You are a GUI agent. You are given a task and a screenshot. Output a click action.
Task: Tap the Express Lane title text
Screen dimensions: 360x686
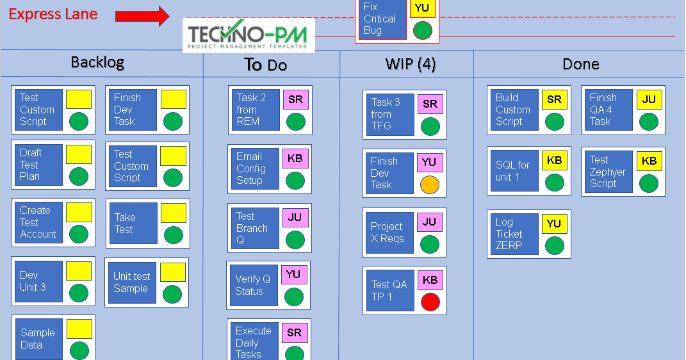click(x=53, y=14)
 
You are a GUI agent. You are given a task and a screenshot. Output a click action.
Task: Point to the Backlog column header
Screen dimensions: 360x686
click(x=97, y=62)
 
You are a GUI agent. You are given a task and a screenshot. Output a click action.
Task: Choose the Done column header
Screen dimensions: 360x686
click(x=581, y=64)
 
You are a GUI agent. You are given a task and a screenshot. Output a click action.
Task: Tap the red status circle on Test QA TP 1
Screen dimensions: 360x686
click(x=430, y=301)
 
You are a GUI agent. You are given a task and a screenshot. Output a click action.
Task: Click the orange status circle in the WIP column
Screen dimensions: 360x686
click(x=430, y=185)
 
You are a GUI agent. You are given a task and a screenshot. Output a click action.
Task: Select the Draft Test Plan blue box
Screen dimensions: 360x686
click(x=38, y=165)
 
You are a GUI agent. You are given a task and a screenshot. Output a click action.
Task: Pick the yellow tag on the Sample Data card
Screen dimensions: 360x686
click(x=79, y=329)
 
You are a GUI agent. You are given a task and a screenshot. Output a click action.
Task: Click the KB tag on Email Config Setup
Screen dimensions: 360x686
click(x=295, y=158)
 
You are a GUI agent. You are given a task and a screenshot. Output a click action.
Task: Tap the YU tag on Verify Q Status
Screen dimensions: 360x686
click(x=294, y=275)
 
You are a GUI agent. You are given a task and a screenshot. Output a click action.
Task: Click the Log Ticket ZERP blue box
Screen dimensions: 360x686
click(x=513, y=234)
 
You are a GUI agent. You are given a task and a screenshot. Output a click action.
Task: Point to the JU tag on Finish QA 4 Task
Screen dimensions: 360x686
click(x=649, y=99)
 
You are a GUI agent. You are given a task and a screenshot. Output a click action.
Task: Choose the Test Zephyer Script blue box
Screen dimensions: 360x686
click(x=607, y=172)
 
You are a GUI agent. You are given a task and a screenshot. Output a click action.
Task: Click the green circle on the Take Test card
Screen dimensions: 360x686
click(x=173, y=235)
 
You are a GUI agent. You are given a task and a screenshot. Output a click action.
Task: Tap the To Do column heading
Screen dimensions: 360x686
click(x=265, y=65)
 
